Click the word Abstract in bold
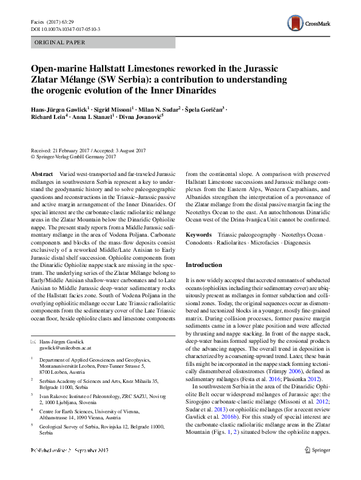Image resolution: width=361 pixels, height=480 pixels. [x=41, y=173]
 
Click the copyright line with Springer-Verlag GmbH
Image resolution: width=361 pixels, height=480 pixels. [x=73, y=157]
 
